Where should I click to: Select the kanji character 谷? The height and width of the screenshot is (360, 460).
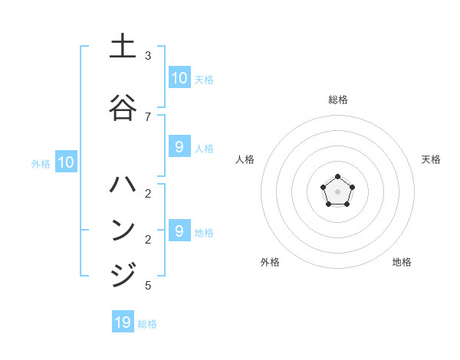pyautogui.click(x=123, y=107)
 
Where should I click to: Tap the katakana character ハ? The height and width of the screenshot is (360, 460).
pyautogui.click(x=123, y=185)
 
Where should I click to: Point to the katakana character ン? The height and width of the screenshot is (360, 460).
pyautogui.click(x=123, y=230)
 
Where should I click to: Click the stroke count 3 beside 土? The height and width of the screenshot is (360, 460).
pyautogui.click(x=148, y=56)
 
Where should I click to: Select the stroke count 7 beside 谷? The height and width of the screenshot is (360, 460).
pyautogui.click(x=148, y=116)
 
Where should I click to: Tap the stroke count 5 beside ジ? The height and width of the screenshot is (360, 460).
pyautogui.click(x=148, y=286)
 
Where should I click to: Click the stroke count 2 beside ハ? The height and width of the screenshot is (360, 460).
pyautogui.click(x=148, y=193)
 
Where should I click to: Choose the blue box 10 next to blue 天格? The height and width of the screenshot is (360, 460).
pyautogui.click(x=179, y=78)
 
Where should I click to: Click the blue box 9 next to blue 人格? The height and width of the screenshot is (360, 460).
pyautogui.click(x=179, y=147)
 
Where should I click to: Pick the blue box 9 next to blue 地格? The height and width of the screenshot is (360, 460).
pyautogui.click(x=179, y=231)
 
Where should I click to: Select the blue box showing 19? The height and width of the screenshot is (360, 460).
pyautogui.click(x=123, y=322)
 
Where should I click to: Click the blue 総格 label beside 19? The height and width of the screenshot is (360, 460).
pyautogui.click(x=147, y=324)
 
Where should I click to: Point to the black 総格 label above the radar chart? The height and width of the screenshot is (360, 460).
pyautogui.click(x=337, y=100)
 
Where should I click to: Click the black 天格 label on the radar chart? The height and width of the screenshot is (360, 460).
pyautogui.click(x=431, y=159)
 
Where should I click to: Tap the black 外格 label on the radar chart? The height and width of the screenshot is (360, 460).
pyautogui.click(x=270, y=262)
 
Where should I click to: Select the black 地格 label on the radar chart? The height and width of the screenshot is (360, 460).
pyautogui.click(x=402, y=262)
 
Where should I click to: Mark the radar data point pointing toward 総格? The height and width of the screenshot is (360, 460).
pyautogui.click(x=337, y=178)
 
